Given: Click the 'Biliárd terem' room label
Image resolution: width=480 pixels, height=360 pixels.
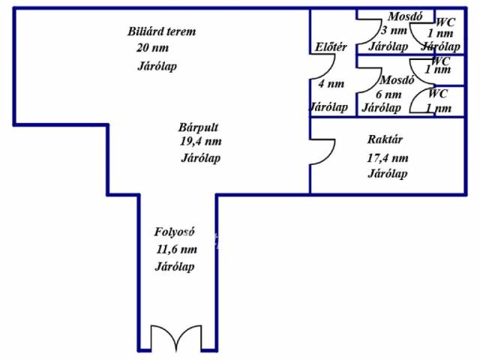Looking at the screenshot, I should pyautogui.click(x=161, y=31).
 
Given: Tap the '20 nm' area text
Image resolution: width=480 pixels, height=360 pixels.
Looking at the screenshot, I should pyautogui.click(x=152, y=48).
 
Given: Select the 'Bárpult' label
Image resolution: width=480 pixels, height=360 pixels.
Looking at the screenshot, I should pyautogui.click(x=198, y=127).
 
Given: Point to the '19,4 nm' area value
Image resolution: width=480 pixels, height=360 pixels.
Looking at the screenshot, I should pyautogui.click(x=200, y=141).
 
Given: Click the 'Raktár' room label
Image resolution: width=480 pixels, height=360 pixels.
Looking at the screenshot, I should pyautogui.click(x=385, y=139).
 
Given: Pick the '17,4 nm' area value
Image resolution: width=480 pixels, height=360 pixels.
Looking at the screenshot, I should pyautogui.click(x=387, y=157).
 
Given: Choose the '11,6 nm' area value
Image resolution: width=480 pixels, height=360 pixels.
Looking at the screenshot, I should pyautogui.click(x=176, y=250).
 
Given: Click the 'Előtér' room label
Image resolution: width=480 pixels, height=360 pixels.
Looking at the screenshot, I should pyautogui.click(x=331, y=47).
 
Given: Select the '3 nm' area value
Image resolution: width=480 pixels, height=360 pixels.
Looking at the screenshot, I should pyautogui.click(x=393, y=31).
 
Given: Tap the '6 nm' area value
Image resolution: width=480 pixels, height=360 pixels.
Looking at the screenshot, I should pyautogui.click(x=388, y=94).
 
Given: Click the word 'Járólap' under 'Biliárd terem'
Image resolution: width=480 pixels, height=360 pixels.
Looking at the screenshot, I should pyautogui.click(x=157, y=66).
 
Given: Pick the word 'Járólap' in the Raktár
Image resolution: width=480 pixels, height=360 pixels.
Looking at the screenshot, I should pyautogui.click(x=388, y=174).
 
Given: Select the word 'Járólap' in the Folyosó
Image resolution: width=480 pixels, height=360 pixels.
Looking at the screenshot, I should pyautogui.click(x=175, y=267).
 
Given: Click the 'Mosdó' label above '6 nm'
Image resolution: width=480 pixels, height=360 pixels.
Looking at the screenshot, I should pyautogui.click(x=397, y=80).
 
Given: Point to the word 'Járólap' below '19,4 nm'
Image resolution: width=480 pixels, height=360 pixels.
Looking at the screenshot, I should pyautogui.click(x=201, y=157).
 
